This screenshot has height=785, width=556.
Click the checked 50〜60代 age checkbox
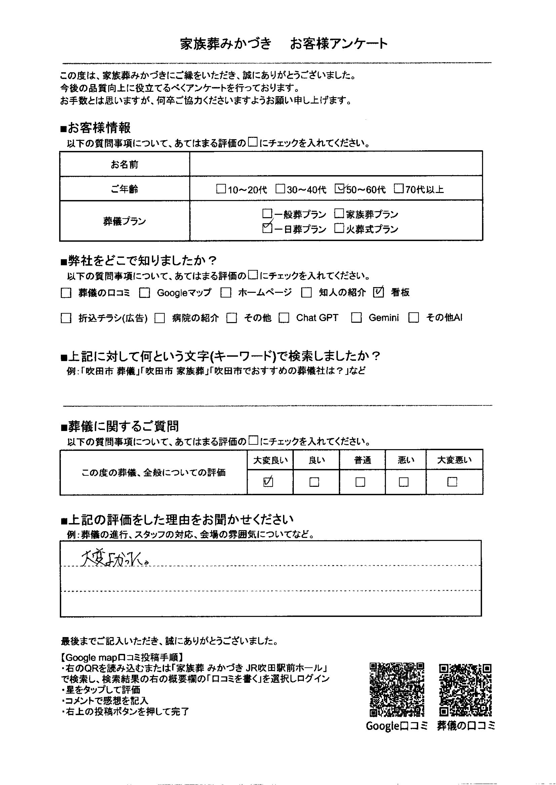(x=339, y=189)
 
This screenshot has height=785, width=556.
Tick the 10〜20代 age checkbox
(x=221, y=189)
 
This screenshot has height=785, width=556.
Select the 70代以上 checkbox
(x=398, y=189)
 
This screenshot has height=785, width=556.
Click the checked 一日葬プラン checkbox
(x=267, y=228)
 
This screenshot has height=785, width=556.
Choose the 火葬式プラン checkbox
(x=339, y=228)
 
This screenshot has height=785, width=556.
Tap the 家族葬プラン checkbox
(x=339, y=214)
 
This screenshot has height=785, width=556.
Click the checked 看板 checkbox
(x=378, y=292)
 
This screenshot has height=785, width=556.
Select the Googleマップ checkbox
(x=145, y=293)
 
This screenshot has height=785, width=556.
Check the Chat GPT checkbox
(x=284, y=318)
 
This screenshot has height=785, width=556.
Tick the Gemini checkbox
(x=356, y=318)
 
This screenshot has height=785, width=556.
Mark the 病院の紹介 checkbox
(x=160, y=318)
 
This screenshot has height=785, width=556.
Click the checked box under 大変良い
(x=268, y=482)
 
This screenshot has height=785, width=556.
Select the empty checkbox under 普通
(x=360, y=482)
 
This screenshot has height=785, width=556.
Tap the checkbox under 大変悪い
(x=452, y=482)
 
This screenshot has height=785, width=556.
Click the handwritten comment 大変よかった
(x=115, y=559)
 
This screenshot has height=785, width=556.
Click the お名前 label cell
(x=125, y=165)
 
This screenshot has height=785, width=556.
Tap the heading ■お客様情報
(x=95, y=128)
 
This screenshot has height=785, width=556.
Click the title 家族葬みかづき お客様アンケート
(x=284, y=44)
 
